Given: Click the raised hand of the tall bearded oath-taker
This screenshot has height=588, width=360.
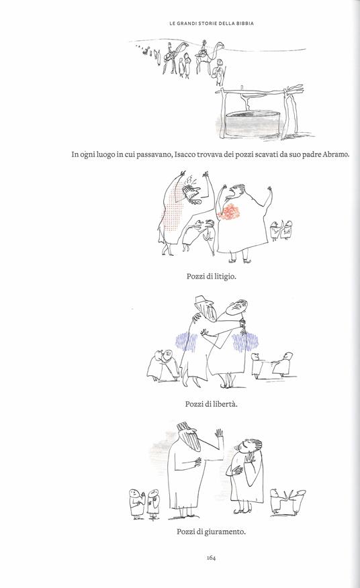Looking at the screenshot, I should (x=220, y=436).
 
